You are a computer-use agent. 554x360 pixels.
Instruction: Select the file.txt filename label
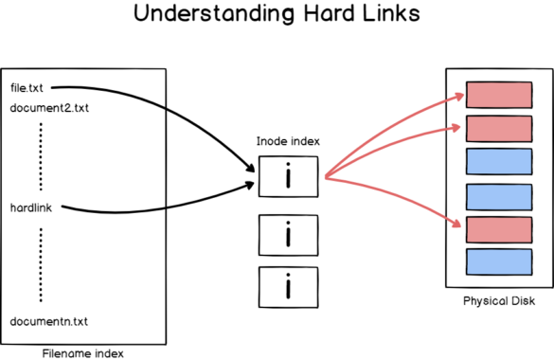pyautogui.click(x=27, y=87)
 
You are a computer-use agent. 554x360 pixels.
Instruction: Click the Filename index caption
pyautogui.click(x=83, y=352)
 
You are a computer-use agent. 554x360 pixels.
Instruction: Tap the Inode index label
pyautogui.click(x=288, y=140)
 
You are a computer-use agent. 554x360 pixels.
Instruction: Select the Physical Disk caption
pyautogui.click(x=499, y=300)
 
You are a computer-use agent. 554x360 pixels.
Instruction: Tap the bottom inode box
pyautogui.click(x=288, y=283)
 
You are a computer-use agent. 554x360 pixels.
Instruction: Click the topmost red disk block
pyautogui.click(x=498, y=95)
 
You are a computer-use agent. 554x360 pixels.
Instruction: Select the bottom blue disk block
pyautogui.click(x=498, y=261)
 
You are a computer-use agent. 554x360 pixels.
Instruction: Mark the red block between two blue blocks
pyautogui.click(x=498, y=228)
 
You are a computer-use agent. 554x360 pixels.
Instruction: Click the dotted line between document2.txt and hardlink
pyautogui.click(x=41, y=156)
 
